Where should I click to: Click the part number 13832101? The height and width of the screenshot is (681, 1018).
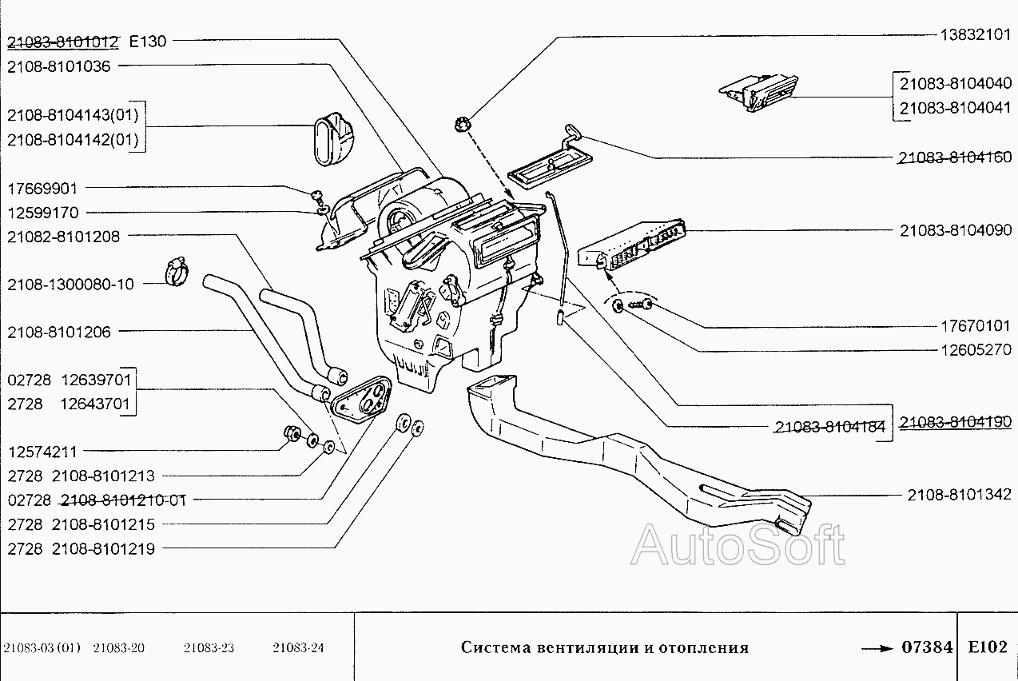coord(976,34)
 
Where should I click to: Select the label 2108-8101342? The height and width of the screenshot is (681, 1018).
coord(959,495)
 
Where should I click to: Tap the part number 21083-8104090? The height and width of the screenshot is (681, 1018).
coord(955,230)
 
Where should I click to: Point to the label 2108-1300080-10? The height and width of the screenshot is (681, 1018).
coord(71,284)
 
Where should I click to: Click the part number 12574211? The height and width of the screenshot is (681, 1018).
coord(43,452)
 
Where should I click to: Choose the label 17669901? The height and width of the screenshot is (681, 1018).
coord(43,189)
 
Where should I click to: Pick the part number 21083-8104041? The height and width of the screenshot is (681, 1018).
coord(955,107)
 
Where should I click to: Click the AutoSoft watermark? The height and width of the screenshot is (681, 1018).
coord(737,546)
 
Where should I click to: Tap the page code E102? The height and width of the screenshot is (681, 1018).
coord(987,647)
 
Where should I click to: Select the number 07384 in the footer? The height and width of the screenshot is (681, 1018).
coord(927,647)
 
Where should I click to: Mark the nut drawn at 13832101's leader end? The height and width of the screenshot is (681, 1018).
coord(463,124)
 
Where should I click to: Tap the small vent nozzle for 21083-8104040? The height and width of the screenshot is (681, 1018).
coord(758,90)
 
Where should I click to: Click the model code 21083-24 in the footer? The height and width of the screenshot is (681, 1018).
coord(298,648)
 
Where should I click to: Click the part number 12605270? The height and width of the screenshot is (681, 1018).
coord(976,349)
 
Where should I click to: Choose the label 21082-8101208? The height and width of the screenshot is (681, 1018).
coord(64,236)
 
